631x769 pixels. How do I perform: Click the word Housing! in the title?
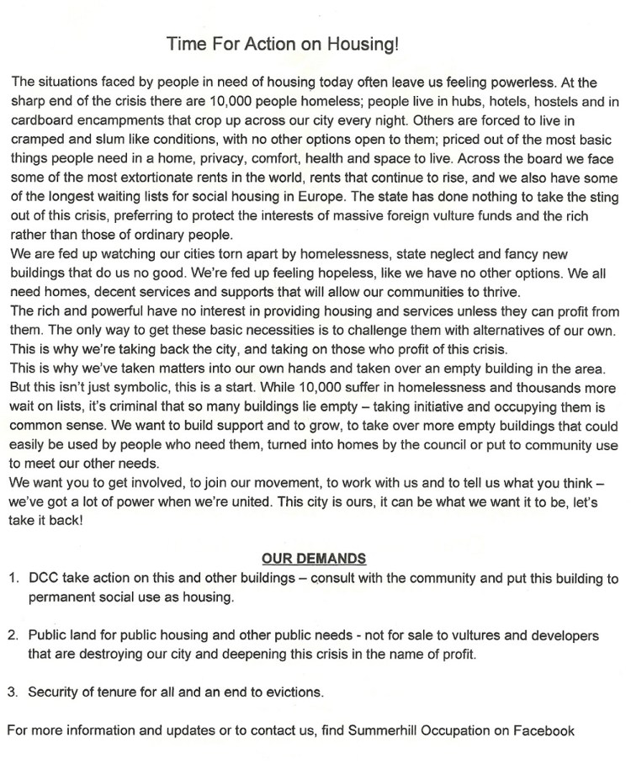pyautogui.click(x=363, y=43)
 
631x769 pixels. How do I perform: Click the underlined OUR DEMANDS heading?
pyautogui.click(x=314, y=558)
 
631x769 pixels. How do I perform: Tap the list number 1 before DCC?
pyautogui.click(x=13, y=579)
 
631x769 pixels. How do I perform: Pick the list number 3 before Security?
pyautogui.click(x=13, y=692)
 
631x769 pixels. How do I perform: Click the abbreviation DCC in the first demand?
pyautogui.click(x=43, y=579)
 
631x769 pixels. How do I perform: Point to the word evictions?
pyautogui.click(x=291, y=692)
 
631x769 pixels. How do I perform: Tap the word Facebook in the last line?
pyautogui.click(x=547, y=730)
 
